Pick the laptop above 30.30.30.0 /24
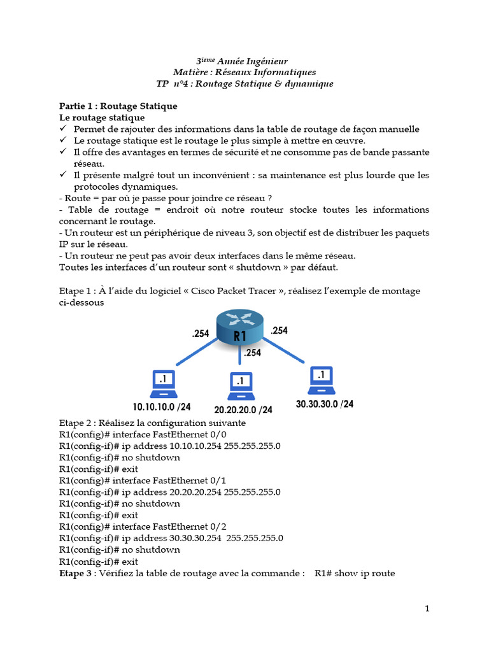tap(322, 379)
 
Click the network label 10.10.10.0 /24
tap(162, 406)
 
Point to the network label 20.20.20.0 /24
tap(243, 409)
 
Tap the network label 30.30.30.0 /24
tap(325, 404)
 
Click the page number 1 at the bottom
tap(427, 609)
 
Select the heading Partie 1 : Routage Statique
tap(118, 106)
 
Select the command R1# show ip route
tap(355, 573)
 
